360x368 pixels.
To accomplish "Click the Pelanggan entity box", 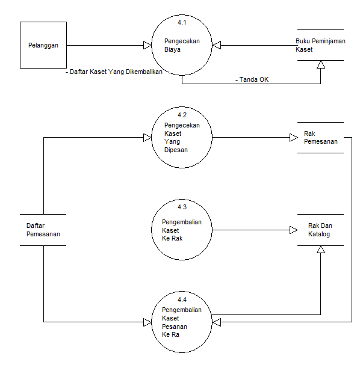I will click(x=43, y=45).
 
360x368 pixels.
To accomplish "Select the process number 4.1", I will click(x=182, y=23).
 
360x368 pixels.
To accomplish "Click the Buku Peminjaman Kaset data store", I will click(x=319, y=45).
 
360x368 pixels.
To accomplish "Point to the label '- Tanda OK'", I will click(x=252, y=79).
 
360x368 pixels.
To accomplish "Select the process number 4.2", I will click(x=182, y=114).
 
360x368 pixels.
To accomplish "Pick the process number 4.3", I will click(x=182, y=207).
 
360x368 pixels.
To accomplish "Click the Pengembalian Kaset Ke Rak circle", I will click(x=182, y=230).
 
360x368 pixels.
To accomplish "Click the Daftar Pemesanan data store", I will click(x=43, y=230).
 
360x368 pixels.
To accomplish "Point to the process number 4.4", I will click(x=182, y=299).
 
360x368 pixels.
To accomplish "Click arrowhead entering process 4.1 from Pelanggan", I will click(x=146, y=45).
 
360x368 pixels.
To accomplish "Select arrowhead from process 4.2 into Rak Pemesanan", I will click(x=293, y=138).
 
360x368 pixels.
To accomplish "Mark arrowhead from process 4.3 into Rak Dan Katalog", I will click(x=293, y=230).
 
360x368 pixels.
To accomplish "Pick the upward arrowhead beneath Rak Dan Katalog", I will click(x=321, y=250).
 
